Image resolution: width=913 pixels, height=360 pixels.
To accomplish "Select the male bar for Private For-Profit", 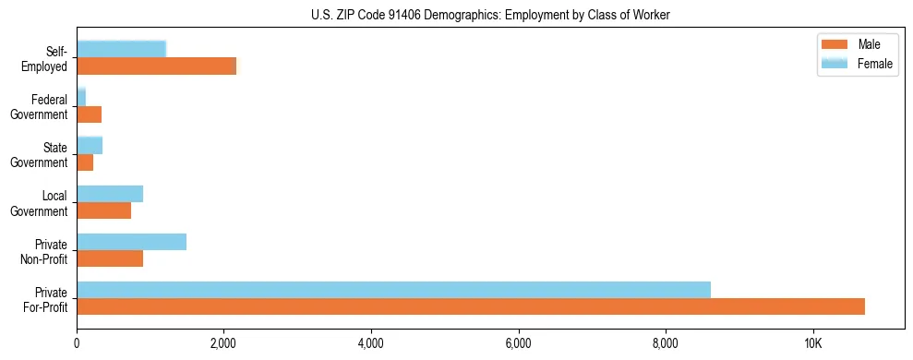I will [471, 306].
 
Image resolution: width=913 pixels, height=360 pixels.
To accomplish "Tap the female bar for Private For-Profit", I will [393, 290].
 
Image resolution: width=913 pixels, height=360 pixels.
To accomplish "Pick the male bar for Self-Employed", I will [156, 66].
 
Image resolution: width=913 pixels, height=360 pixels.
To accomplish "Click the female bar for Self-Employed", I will [121, 49].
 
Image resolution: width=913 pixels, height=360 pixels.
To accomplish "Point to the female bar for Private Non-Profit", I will [131, 242].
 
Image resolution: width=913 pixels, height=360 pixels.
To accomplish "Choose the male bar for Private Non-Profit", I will [110, 258].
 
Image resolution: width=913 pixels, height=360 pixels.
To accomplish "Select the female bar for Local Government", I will [110, 194].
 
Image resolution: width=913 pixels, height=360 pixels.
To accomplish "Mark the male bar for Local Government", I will [103, 210].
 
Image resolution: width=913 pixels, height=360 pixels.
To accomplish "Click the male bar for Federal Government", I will [89, 114].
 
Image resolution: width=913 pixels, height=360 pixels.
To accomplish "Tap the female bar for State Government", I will [90, 145].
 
